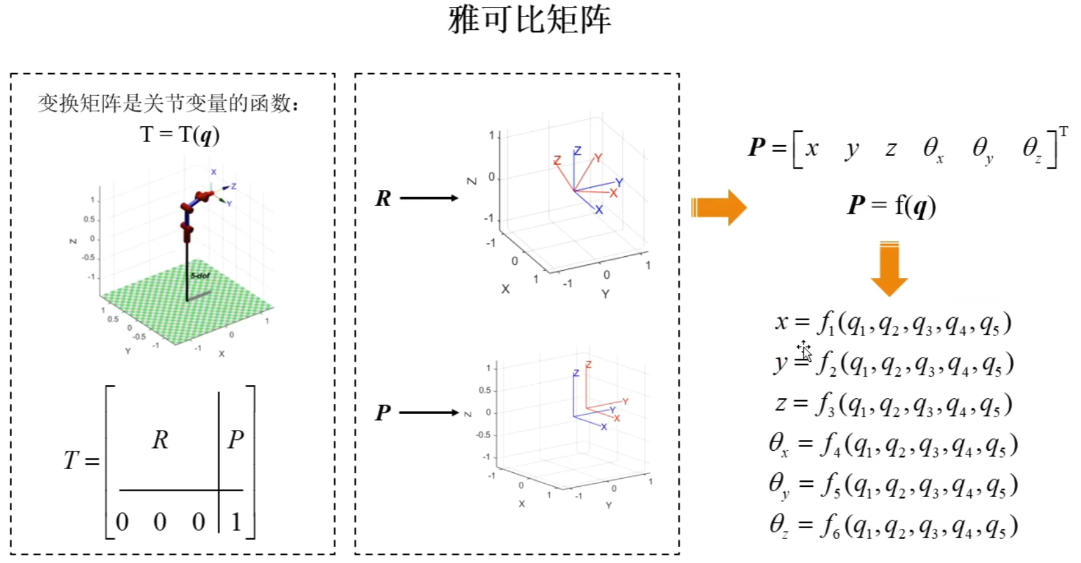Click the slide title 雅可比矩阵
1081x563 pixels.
(529, 20)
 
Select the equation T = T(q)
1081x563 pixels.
(179, 134)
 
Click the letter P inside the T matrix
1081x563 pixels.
(235, 439)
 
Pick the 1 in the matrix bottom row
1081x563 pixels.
(236, 522)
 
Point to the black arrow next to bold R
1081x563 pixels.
(429, 198)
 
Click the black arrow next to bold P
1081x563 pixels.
(429, 413)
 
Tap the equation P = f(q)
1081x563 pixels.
(891, 205)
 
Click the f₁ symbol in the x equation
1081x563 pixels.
(825, 323)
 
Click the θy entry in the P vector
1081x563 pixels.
(982, 150)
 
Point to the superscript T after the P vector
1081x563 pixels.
(1063, 132)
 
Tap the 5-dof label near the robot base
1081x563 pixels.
(200, 276)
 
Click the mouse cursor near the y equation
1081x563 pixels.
(804, 349)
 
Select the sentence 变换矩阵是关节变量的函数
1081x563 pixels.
(168, 103)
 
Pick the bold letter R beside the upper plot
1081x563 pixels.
(383, 198)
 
